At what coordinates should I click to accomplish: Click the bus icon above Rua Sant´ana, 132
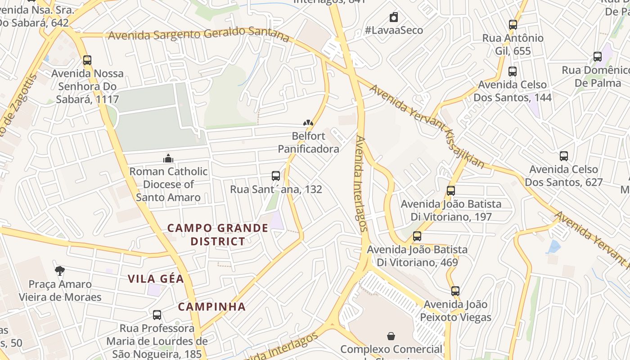coord(276,176)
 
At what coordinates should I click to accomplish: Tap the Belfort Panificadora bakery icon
coord(308,122)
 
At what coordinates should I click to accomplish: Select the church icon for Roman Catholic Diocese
coord(168,158)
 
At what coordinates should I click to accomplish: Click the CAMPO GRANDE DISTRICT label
coord(218,234)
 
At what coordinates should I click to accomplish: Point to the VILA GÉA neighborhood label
coord(156,279)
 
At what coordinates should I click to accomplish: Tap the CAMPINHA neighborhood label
coord(212,307)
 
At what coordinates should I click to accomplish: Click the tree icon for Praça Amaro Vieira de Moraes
coord(59,270)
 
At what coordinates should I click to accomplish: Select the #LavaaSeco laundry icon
coord(394,17)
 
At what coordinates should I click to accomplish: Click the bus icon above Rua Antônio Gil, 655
coord(513,25)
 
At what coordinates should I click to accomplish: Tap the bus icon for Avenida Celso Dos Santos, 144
coord(512,71)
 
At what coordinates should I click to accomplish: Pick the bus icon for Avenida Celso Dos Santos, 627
coord(563,156)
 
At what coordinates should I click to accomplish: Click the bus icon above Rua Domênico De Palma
coord(598,57)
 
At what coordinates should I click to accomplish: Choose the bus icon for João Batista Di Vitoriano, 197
coord(451,190)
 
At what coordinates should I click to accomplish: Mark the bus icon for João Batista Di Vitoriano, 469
coord(417,236)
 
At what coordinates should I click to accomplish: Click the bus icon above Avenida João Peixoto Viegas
coord(455,291)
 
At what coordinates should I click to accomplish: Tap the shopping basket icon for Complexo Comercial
coord(391,336)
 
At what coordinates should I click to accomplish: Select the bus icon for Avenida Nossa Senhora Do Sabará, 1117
coord(87,60)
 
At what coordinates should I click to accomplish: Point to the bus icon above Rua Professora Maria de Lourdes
coord(157,315)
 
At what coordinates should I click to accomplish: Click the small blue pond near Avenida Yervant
coord(553,247)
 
